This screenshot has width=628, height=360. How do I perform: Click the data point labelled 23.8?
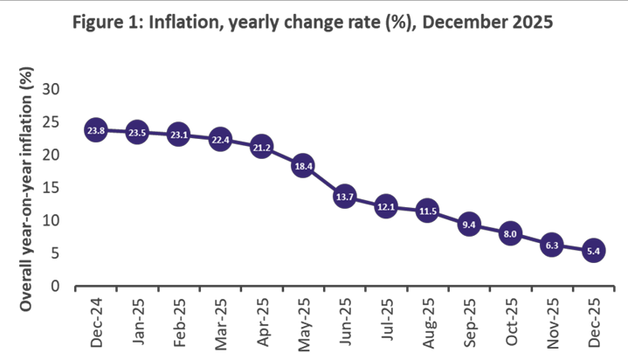click(95, 130)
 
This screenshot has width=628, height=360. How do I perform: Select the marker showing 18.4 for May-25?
click(303, 165)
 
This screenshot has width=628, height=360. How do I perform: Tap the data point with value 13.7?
click(344, 197)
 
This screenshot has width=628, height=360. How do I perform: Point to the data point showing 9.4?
click(469, 225)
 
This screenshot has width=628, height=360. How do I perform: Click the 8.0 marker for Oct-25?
click(511, 233)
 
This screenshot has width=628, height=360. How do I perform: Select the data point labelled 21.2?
click(261, 147)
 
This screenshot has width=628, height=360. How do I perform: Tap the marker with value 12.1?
click(386, 207)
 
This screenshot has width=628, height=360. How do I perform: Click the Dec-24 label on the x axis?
click(96, 322)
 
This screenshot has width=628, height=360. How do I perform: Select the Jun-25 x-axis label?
click(345, 322)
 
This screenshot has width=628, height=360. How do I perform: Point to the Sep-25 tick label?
click(470, 322)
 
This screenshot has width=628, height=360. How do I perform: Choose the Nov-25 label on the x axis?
click(553, 322)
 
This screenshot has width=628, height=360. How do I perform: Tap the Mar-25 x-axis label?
click(220, 322)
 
